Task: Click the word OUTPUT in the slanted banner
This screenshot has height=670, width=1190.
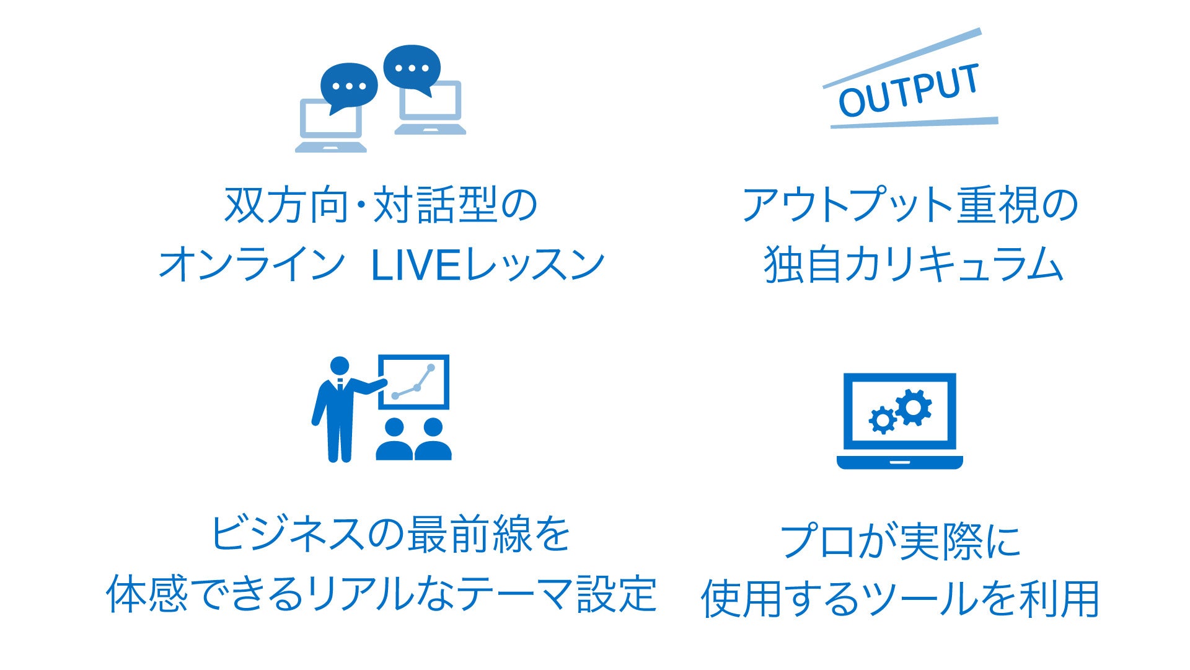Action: pos(909,91)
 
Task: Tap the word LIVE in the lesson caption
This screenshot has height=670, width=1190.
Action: pos(416,264)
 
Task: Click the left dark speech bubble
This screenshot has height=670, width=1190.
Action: pos(349,87)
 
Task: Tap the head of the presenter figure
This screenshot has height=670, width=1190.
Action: pos(340,366)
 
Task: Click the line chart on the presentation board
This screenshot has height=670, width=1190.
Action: pos(413,382)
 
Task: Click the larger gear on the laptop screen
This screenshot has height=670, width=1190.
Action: pos(913,407)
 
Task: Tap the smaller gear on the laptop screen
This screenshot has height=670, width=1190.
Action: pos(882,420)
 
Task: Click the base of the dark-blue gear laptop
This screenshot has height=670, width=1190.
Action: pos(899,462)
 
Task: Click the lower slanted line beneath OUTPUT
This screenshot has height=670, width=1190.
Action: pos(914,123)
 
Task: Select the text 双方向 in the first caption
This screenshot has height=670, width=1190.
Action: pos(286,205)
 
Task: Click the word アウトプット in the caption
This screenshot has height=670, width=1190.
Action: pos(847,205)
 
